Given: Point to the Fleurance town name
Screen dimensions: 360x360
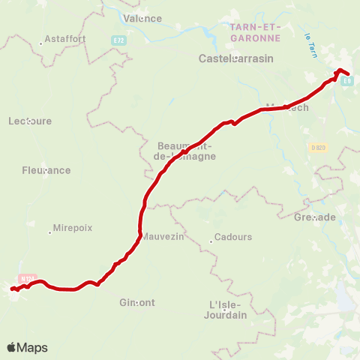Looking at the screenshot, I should (46, 170).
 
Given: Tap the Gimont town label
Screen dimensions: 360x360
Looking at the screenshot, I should (137, 303).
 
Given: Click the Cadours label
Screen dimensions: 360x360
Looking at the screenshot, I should (233, 237).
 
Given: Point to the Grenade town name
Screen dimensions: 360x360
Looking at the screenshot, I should (315, 217).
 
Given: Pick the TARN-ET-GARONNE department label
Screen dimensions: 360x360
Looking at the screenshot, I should (254, 32).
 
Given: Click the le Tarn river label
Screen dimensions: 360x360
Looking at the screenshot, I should (309, 46).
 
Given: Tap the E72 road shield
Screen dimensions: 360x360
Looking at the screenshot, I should (120, 39).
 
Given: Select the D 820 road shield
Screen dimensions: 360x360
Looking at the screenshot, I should (318, 148).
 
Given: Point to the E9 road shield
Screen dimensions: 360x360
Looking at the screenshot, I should (346, 81).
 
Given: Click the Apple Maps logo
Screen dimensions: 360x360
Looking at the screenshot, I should (27, 347).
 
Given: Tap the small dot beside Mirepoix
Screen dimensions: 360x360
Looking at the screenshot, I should (50, 232).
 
